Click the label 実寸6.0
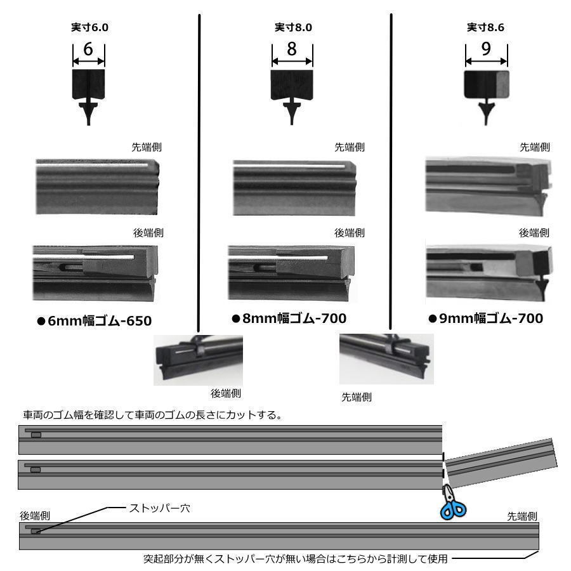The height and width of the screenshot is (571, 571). (89, 27)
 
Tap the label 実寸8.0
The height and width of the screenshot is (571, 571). (293, 27)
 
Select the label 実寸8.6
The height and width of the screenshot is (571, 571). (485, 27)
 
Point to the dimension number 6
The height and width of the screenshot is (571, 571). (88, 49)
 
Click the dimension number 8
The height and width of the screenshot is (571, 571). (292, 49)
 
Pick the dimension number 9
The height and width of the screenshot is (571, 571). (486, 49)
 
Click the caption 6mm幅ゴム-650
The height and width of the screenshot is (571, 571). (95, 321)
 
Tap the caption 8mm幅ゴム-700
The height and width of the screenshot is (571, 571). (289, 318)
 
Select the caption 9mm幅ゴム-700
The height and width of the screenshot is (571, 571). (486, 318)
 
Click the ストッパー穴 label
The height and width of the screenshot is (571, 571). (160, 508)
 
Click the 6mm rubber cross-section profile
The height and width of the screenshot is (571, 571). (88, 97)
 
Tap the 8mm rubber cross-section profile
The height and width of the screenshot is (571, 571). (292, 97)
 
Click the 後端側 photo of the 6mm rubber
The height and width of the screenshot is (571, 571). (95, 273)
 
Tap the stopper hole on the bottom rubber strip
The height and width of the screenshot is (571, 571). (36, 532)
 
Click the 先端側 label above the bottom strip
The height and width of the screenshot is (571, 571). (522, 516)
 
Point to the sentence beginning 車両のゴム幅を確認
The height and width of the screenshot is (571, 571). (152, 415)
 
